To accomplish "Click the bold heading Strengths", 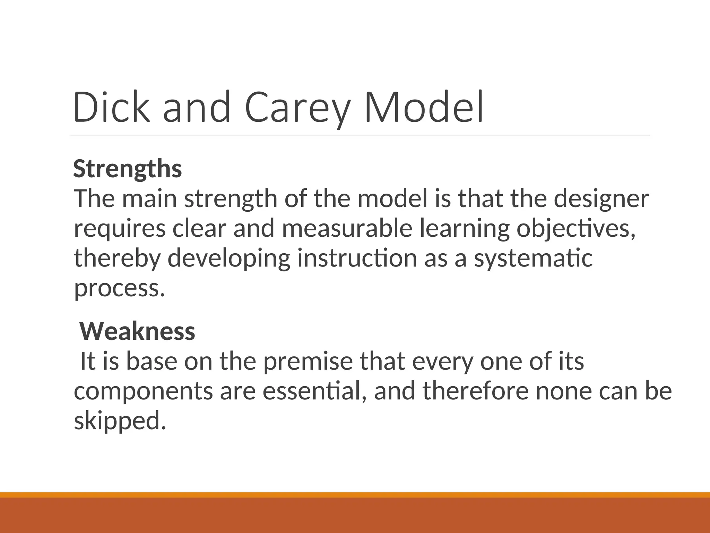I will tap(127, 169).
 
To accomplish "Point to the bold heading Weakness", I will tap(137, 331).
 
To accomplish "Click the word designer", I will tap(601, 199).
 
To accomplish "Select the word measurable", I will tap(347, 229).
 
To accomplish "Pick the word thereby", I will tap(118, 259).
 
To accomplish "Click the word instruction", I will tap(357, 259).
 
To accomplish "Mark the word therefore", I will tap(476, 391).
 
